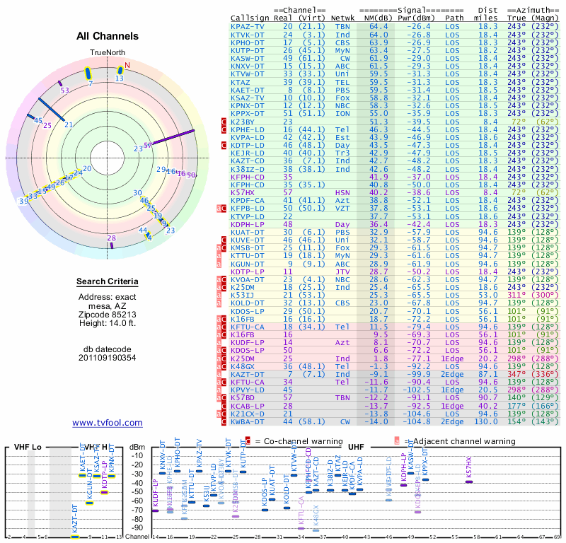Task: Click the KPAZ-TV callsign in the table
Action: [x=248, y=26]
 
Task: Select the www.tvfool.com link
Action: [x=108, y=423]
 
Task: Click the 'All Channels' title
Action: [x=108, y=36]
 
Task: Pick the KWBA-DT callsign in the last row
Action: [x=248, y=422]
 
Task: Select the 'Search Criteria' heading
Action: [x=108, y=282]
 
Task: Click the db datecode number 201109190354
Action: [x=108, y=358]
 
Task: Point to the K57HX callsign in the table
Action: [x=243, y=192]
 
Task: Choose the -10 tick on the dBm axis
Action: [x=137, y=455]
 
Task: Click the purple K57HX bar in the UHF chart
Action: [x=468, y=481]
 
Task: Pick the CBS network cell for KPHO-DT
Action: [x=342, y=42]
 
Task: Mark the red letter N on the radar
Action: [x=127, y=66]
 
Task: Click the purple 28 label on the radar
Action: [x=111, y=238]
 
